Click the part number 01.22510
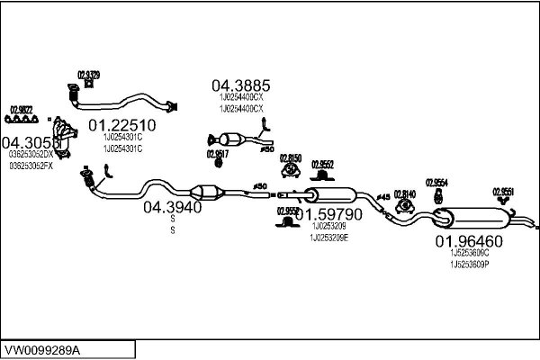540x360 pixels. (121, 124)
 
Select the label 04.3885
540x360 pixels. (241, 85)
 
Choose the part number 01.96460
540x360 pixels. (469, 241)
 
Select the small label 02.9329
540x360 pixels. (88, 75)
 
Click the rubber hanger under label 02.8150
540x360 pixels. (290, 173)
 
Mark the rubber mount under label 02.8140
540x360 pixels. (404, 207)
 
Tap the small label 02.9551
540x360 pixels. (503, 191)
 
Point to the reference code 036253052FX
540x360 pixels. (31, 166)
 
